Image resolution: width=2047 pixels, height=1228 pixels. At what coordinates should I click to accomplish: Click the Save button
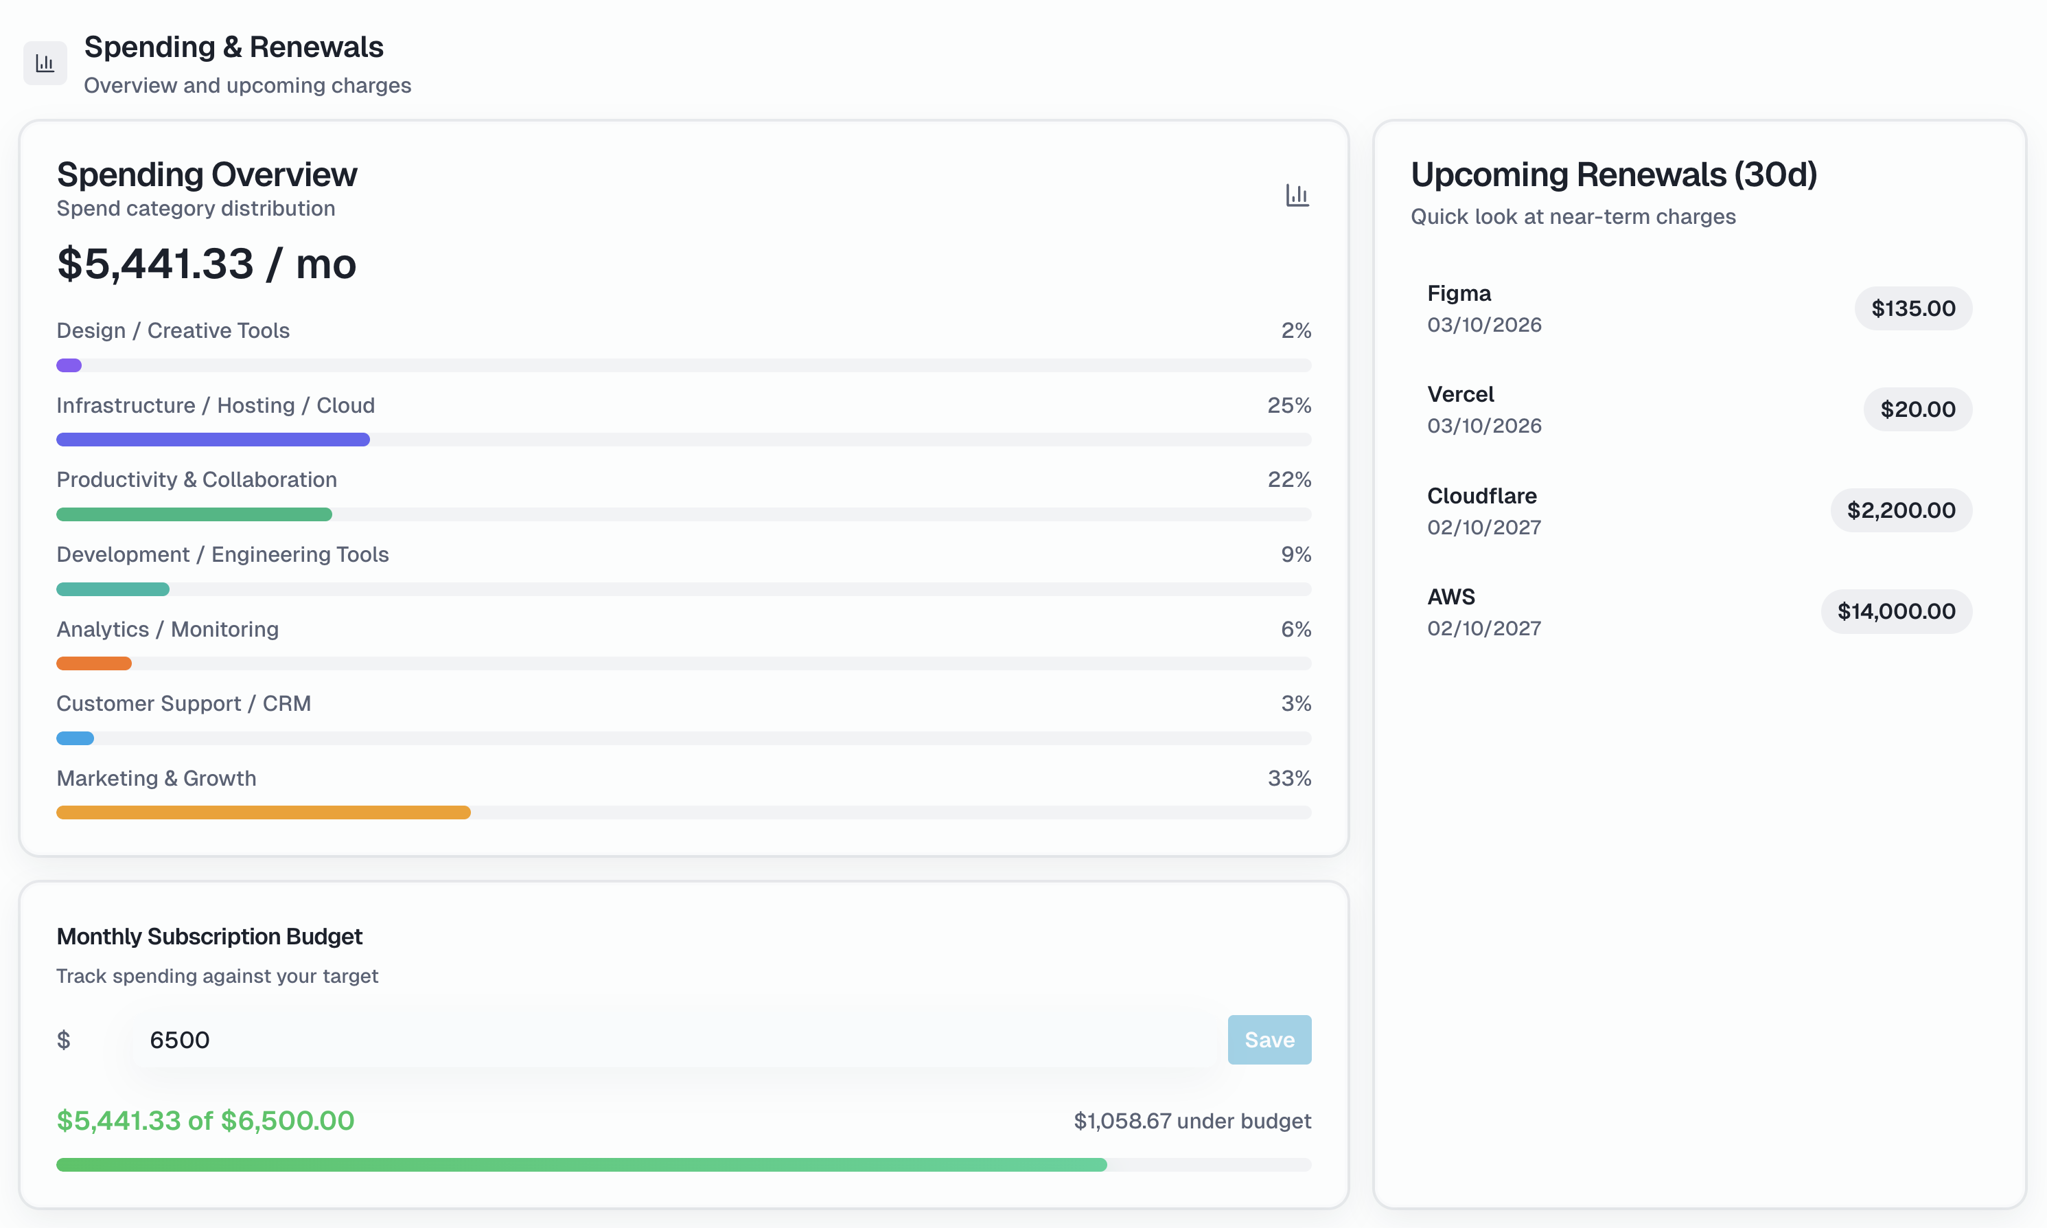(x=1269, y=1039)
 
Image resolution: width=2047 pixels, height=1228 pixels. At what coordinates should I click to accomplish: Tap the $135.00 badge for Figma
(x=1912, y=308)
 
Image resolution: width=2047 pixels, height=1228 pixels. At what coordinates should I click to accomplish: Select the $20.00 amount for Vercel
(x=1917, y=409)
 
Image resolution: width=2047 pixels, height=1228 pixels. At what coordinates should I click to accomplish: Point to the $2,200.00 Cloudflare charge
(x=1901, y=510)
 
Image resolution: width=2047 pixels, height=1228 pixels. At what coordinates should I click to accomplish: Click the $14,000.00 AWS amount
(x=1896, y=611)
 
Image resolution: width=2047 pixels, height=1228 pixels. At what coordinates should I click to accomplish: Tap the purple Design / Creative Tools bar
(x=69, y=365)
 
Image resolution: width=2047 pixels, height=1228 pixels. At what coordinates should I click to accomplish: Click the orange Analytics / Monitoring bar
(x=93, y=663)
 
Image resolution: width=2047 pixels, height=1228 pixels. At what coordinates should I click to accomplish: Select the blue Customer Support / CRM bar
(x=74, y=738)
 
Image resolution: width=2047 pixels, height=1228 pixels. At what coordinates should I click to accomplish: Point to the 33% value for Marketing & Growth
(x=1288, y=779)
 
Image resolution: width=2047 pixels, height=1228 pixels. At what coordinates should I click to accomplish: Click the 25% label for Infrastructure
(x=1288, y=405)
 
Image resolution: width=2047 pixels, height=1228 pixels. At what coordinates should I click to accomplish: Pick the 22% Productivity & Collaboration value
(x=1288, y=480)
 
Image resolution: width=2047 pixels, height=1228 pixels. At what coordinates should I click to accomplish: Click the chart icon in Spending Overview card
(x=1297, y=195)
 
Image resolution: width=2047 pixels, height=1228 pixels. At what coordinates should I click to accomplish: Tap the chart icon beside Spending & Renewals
(x=45, y=63)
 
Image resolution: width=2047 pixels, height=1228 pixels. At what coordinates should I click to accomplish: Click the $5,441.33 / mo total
(x=207, y=264)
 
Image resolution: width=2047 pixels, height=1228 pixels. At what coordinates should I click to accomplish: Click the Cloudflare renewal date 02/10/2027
(x=1483, y=527)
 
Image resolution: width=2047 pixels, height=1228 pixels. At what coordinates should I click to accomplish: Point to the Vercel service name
(x=1461, y=395)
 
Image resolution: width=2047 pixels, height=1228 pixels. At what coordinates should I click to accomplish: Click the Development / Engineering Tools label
(x=222, y=554)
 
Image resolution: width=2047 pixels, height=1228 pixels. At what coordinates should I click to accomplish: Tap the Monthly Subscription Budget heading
(x=209, y=937)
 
